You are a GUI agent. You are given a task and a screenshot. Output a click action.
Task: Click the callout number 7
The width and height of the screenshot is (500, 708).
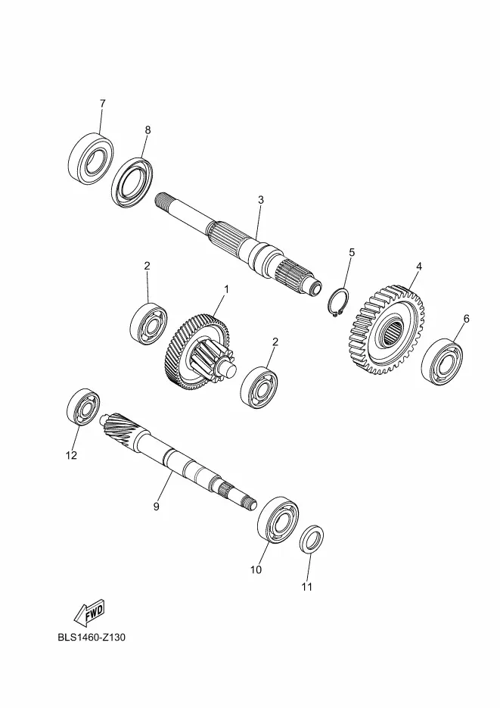102,104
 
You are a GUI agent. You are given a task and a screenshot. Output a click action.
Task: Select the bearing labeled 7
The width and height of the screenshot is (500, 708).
91,158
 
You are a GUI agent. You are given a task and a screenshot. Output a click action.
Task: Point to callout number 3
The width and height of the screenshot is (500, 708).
261,200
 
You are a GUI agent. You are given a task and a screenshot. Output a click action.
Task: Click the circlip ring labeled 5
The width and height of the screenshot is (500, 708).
338,301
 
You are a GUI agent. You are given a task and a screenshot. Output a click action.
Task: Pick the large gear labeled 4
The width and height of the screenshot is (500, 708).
387,329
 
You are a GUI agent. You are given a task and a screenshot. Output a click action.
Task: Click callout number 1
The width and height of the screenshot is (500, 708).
227,289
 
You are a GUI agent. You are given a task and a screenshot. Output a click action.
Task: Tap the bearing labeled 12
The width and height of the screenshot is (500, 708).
83,406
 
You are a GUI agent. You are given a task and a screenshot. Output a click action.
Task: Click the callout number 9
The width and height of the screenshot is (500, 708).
157,507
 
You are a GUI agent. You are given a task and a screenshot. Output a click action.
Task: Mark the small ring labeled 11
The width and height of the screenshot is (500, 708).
312,539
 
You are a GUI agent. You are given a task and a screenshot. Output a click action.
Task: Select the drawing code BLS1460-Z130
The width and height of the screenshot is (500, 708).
92,638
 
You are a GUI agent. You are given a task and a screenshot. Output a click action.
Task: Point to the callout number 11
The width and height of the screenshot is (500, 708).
306,587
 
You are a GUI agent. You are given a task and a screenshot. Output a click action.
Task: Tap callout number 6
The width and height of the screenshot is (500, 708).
466,319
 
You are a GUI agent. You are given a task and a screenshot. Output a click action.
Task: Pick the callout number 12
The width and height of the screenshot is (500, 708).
71,455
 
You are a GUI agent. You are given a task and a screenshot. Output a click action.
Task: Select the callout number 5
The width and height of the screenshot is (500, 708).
352,252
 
